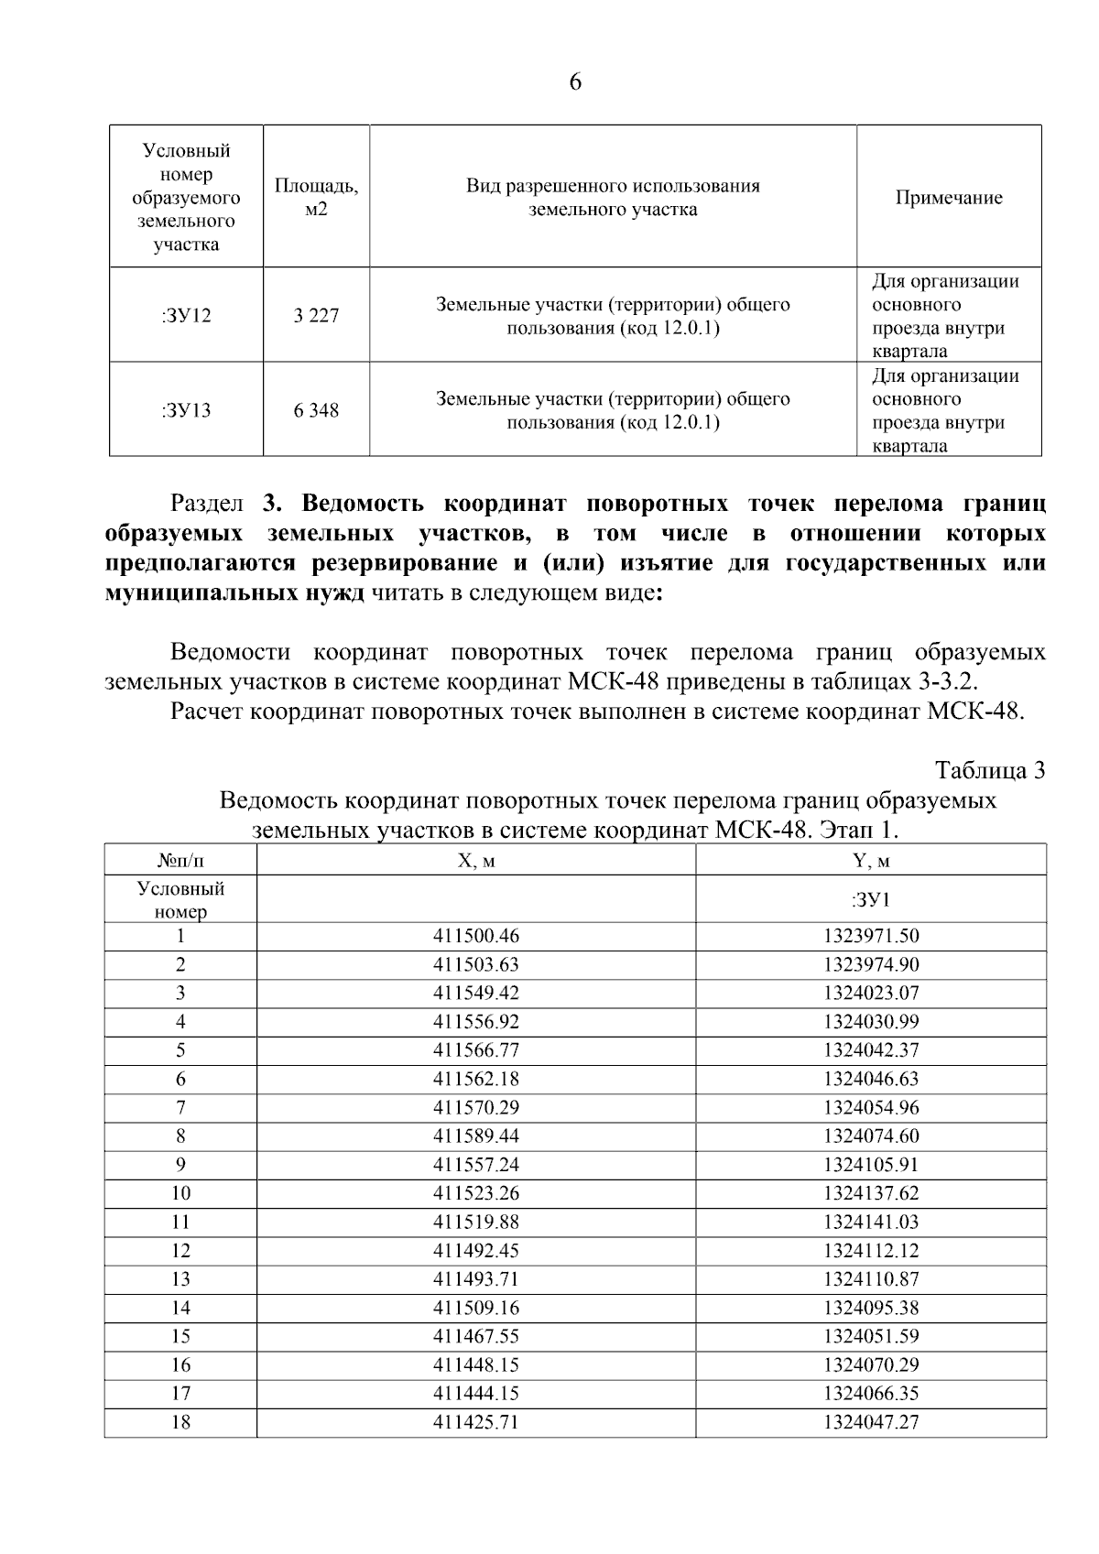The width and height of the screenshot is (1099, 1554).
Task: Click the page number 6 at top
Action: click(575, 82)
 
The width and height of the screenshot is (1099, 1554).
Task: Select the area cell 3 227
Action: click(316, 316)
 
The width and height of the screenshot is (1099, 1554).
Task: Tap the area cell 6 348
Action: click(316, 410)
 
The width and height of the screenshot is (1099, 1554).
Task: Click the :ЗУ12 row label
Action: click(186, 316)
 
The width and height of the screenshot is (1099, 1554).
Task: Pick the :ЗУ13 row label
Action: click(186, 410)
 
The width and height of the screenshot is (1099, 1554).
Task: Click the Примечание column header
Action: click(949, 198)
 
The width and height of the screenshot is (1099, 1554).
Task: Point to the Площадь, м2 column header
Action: click(316, 198)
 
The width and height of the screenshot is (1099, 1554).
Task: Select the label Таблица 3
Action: click(990, 770)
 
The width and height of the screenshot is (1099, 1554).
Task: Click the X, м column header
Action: click(475, 861)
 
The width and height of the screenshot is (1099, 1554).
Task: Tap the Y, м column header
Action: click(871, 861)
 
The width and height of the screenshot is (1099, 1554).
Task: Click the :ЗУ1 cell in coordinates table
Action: click(871, 899)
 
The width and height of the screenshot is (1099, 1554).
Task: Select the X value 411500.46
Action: click(475, 936)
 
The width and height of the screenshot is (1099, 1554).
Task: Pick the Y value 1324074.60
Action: click(871, 1136)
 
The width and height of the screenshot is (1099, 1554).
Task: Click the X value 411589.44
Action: click(475, 1136)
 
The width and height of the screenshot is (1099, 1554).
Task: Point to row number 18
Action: click(180, 1422)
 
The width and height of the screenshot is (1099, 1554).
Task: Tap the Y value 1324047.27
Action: click(871, 1422)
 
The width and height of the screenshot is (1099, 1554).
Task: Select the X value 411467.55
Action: click(475, 1336)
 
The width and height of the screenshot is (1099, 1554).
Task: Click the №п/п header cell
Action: click(180, 861)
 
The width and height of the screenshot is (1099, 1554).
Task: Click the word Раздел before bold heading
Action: click(207, 504)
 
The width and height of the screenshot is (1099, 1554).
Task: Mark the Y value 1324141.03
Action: click(871, 1222)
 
